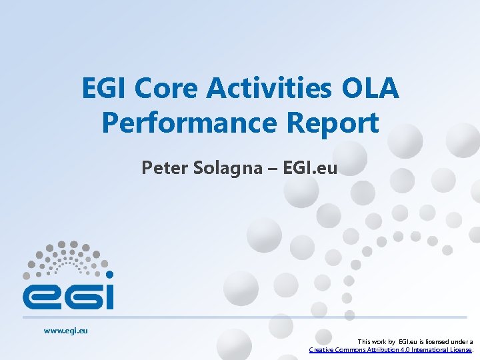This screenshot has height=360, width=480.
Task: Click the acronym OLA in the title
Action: click(x=371, y=89)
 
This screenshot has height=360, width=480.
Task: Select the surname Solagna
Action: click(x=218, y=168)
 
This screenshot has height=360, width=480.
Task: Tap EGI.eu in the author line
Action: click(x=311, y=168)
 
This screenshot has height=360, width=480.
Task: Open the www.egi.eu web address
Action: click(x=66, y=329)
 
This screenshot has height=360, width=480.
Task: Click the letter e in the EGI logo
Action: click(x=41, y=295)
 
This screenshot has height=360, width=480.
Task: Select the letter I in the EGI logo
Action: click(x=109, y=295)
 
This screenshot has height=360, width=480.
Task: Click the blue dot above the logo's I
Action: click(x=109, y=274)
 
